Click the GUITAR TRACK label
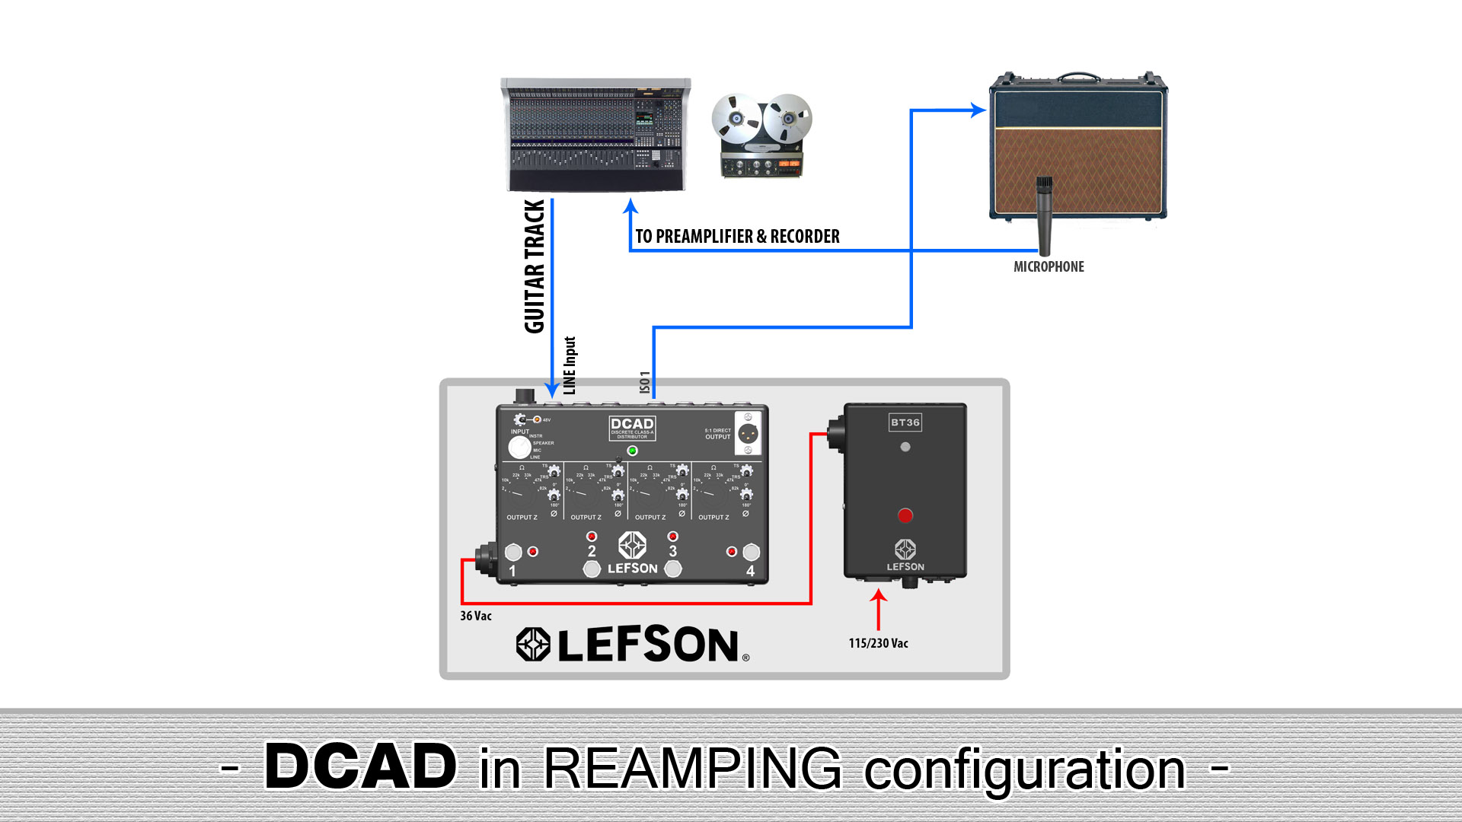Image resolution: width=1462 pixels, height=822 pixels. click(535, 266)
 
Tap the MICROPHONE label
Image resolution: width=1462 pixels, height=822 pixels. click(1049, 266)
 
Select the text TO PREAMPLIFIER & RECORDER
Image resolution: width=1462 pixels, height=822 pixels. click(737, 237)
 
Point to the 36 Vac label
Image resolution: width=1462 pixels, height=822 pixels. click(476, 616)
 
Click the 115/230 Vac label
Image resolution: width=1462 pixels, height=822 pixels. click(878, 643)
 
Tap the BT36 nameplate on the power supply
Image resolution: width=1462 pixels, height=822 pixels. click(905, 422)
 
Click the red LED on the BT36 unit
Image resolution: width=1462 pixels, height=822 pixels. click(905, 516)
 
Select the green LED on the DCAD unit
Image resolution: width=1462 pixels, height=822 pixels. click(632, 451)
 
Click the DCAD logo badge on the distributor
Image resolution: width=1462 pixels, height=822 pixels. click(632, 428)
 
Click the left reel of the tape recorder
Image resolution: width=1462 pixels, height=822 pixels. click(736, 119)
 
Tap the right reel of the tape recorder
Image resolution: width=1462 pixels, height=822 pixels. click(788, 118)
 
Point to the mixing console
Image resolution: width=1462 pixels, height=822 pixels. click(595, 135)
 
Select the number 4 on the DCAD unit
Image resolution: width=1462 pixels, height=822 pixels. click(750, 571)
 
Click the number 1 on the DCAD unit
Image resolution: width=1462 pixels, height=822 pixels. click(512, 571)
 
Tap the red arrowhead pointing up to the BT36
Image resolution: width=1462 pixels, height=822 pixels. click(879, 597)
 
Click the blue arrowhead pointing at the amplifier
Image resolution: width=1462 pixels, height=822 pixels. click(978, 110)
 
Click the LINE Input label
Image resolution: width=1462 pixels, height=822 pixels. click(570, 365)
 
